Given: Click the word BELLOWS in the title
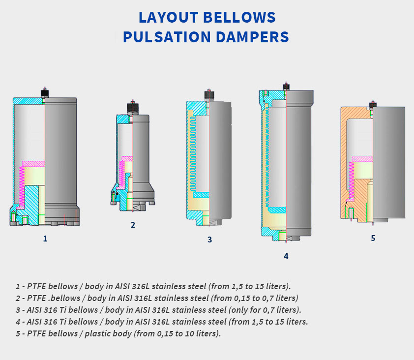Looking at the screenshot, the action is (239, 17).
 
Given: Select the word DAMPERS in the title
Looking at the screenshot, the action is (252, 37).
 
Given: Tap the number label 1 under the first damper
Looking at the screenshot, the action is (45, 239).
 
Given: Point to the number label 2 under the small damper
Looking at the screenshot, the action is (133, 225).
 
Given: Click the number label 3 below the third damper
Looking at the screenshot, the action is (209, 240).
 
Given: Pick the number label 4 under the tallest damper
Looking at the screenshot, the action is (286, 256).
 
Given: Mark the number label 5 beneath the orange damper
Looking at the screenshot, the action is (373, 238).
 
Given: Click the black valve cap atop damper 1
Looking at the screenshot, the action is (45, 93).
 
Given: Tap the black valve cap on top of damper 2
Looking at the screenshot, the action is (133, 108).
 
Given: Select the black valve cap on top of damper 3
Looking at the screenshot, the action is (209, 95).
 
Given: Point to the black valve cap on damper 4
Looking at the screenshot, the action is (286, 87).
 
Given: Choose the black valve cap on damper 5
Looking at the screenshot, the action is (373, 105).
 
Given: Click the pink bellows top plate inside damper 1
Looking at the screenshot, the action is (33, 163).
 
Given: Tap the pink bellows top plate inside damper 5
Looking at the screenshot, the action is (362, 159).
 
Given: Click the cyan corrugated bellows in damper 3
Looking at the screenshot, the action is (193, 153).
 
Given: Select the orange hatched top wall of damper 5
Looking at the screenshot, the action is (355, 113).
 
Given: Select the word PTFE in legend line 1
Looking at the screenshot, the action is (36, 286).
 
